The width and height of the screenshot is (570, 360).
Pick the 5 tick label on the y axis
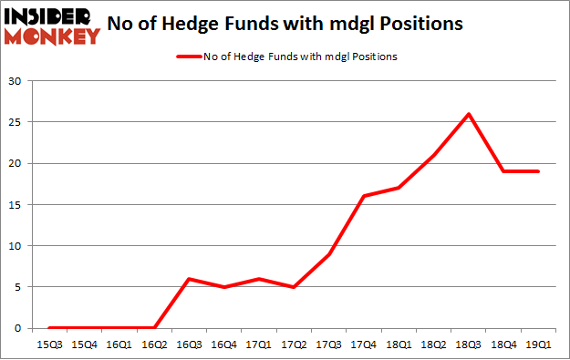19,287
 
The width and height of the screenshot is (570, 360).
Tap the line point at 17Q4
363,196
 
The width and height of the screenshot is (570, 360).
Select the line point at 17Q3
329,254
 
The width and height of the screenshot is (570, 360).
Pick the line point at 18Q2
431,155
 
